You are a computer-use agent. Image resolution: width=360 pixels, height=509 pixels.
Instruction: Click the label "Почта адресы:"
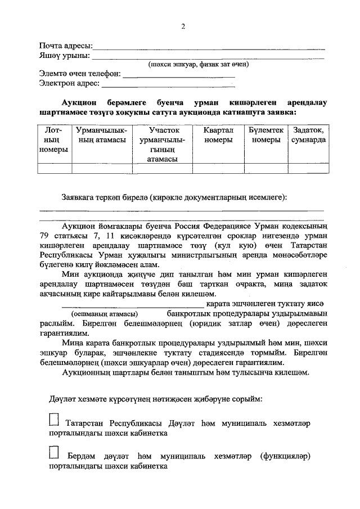point(65,46)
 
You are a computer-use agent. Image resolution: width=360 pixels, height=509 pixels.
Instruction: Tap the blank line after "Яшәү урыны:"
point(208,57)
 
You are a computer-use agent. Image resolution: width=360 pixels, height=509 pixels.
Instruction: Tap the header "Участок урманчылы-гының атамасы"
point(163,145)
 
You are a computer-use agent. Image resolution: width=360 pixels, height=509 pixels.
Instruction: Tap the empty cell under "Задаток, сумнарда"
point(308,168)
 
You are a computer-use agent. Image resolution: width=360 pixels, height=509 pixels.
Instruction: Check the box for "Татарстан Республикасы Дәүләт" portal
point(54,420)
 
